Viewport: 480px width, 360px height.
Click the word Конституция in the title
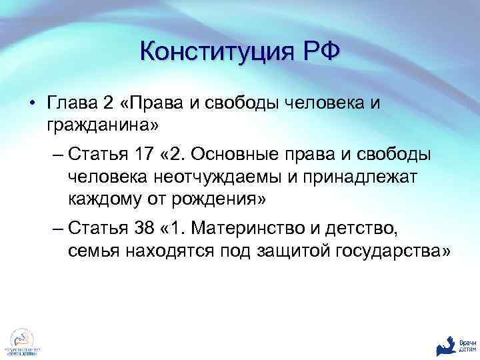click(212, 51)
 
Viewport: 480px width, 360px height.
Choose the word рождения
click(221, 198)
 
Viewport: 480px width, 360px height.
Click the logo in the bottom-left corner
click(22, 342)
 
